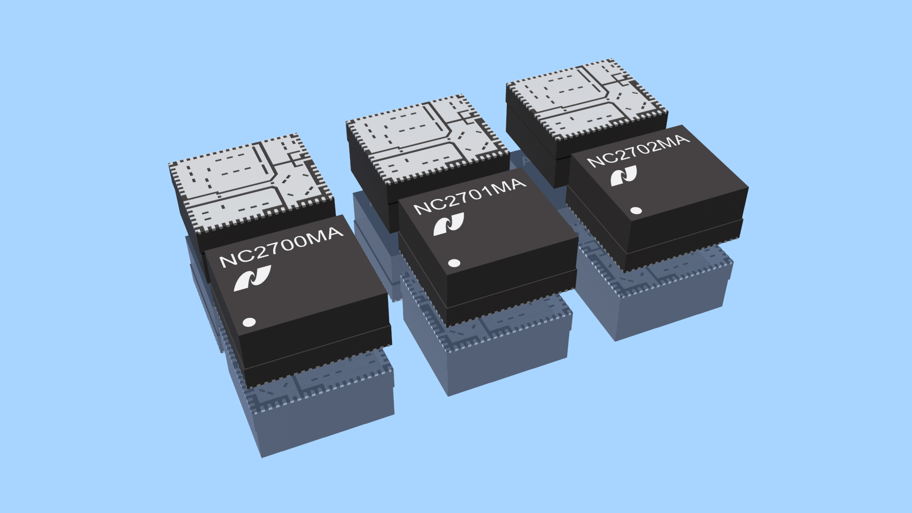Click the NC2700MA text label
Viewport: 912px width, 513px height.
click(x=280, y=247)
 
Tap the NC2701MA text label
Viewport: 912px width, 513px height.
click(x=469, y=196)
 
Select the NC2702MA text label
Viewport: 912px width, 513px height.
click(x=637, y=151)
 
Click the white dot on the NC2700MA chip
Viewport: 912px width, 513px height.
click(x=249, y=322)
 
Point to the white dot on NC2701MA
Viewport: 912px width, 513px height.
click(x=454, y=263)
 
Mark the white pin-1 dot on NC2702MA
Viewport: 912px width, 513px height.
click(x=636, y=210)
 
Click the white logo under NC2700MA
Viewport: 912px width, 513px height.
click(x=252, y=278)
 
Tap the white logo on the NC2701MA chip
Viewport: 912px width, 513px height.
click(x=448, y=224)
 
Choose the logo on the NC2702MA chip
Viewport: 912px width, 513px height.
click(x=624, y=176)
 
